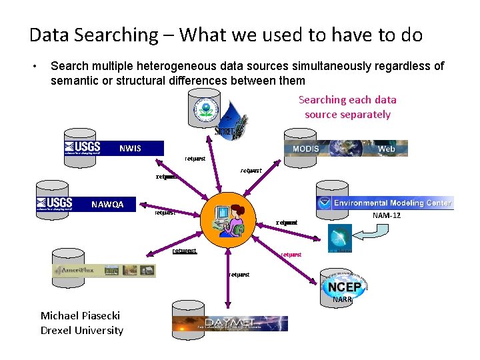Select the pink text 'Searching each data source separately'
click(347, 107)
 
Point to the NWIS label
click(130, 148)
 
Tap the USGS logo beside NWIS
click(83, 147)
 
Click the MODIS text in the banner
click(306, 148)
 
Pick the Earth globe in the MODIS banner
click(347, 148)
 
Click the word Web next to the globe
click(387, 149)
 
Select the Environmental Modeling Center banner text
click(393, 203)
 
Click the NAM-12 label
click(387, 215)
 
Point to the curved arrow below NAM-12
click(374, 233)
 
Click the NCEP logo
click(344, 287)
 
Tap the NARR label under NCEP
click(342, 299)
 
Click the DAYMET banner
click(230, 323)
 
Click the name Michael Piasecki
click(81, 315)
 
